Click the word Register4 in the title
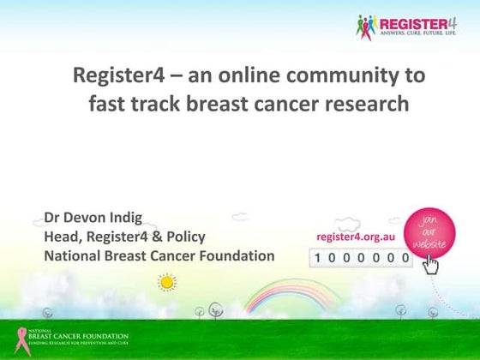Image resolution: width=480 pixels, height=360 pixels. click(118, 75)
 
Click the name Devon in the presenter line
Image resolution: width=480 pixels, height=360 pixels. click(89, 217)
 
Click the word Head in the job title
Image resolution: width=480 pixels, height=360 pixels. click(63, 237)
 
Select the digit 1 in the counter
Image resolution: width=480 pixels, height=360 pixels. click(320, 257)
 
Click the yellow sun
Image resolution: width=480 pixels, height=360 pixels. click(166, 282)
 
